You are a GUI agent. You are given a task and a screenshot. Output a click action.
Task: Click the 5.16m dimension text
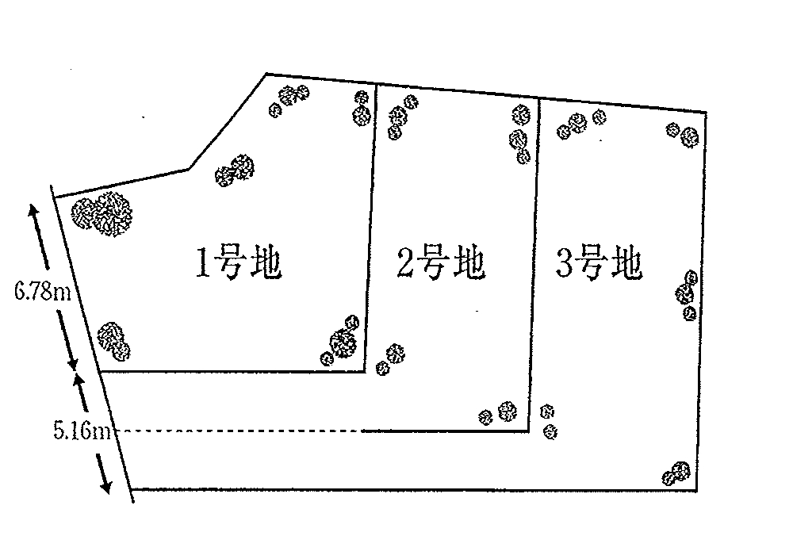tap(82, 431)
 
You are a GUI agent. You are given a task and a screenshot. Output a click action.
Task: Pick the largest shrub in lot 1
tap(102, 214)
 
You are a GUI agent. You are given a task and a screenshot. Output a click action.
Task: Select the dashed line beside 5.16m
tap(238, 431)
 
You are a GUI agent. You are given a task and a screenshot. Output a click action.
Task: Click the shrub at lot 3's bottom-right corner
tap(677, 473)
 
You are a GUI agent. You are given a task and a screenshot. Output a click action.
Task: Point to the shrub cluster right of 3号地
tap(688, 294)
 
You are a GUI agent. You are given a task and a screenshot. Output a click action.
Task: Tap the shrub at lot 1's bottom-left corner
tap(113, 339)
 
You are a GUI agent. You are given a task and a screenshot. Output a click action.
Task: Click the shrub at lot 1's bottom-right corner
tap(341, 343)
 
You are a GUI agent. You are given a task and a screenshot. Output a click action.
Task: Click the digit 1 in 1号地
tap(203, 263)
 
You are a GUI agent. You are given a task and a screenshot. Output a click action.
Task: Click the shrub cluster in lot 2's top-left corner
tap(399, 117)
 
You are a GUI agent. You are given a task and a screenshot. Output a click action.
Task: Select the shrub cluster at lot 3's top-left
tap(577, 123)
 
